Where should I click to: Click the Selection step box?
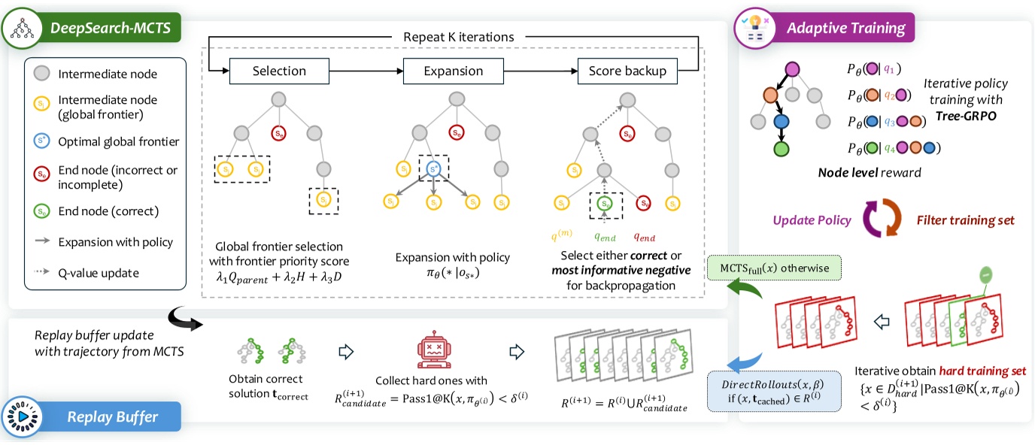[279, 71]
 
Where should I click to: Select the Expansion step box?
[454, 71]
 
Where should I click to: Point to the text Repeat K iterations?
[459, 35]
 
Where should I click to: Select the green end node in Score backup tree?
[606, 203]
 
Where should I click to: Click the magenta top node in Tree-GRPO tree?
[791, 70]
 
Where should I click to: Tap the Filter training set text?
[964, 221]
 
